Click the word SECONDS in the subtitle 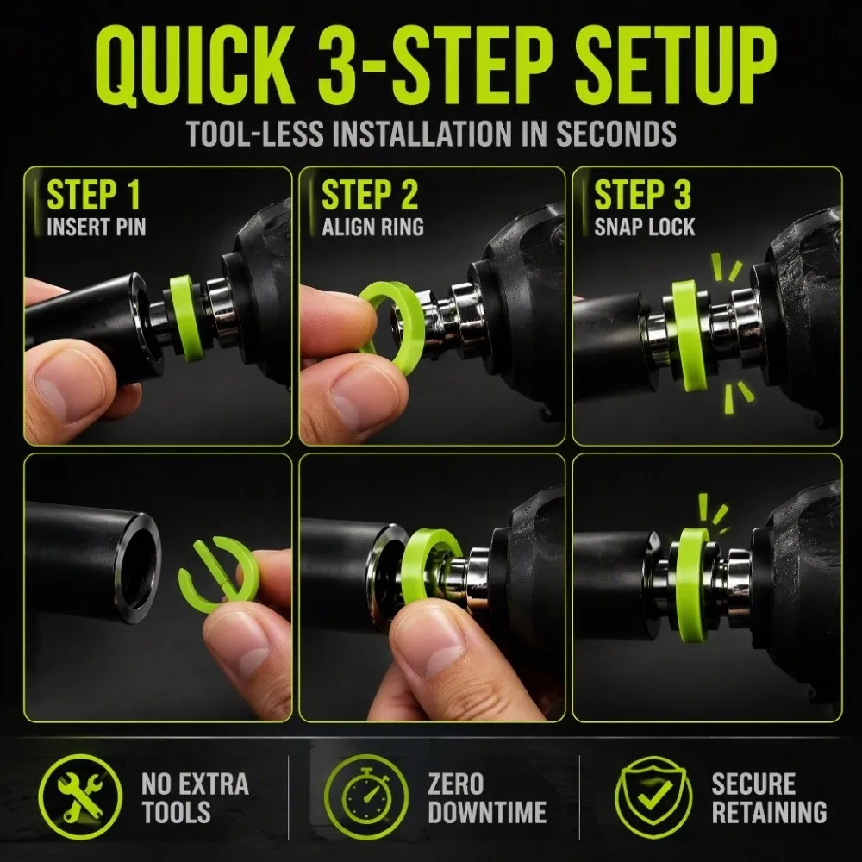pos(615,133)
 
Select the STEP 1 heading pos(93,195)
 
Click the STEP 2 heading pos(370,195)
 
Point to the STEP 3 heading pos(642,195)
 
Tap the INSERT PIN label pos(97,227)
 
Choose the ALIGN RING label pos(372,227)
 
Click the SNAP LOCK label pos(644,227)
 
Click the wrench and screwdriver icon pos(80,796)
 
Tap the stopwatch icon pos(366,796)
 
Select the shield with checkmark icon pos(653,796)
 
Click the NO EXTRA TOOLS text pos(195,797)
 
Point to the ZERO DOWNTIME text pos(487,797)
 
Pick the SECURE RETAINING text pos(769,797)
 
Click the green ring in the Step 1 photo pos(186,318)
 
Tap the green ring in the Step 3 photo pos(685,335)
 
